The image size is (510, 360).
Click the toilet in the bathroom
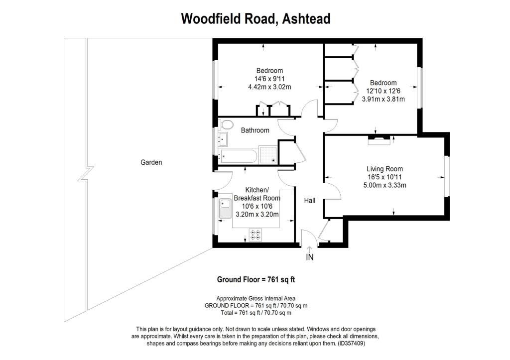(226, 124)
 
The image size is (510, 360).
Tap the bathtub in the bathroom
(239, 156)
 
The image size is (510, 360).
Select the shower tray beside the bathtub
(268, 155)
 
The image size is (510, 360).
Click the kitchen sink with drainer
(225, 209)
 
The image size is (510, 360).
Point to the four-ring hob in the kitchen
(255, 235)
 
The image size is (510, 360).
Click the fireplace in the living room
(379, 140)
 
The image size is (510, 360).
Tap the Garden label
(151, 162)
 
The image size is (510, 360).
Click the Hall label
(310, 201)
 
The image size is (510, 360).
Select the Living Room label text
(385, 169)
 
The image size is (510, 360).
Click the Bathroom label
(255, 130)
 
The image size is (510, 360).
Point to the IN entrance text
(310, 257)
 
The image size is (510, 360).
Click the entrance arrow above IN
(309, 249)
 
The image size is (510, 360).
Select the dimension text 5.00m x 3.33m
(385, 185)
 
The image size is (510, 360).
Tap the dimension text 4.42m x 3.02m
(269, 87)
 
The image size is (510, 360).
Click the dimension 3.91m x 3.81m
(383, 99)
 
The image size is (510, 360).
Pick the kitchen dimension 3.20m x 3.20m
(257, 214)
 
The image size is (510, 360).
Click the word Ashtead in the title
(306, 18)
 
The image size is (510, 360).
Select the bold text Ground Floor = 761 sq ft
(256, 279)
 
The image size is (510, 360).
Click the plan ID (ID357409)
(351, 344)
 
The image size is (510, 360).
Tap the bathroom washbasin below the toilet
(223, 139)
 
